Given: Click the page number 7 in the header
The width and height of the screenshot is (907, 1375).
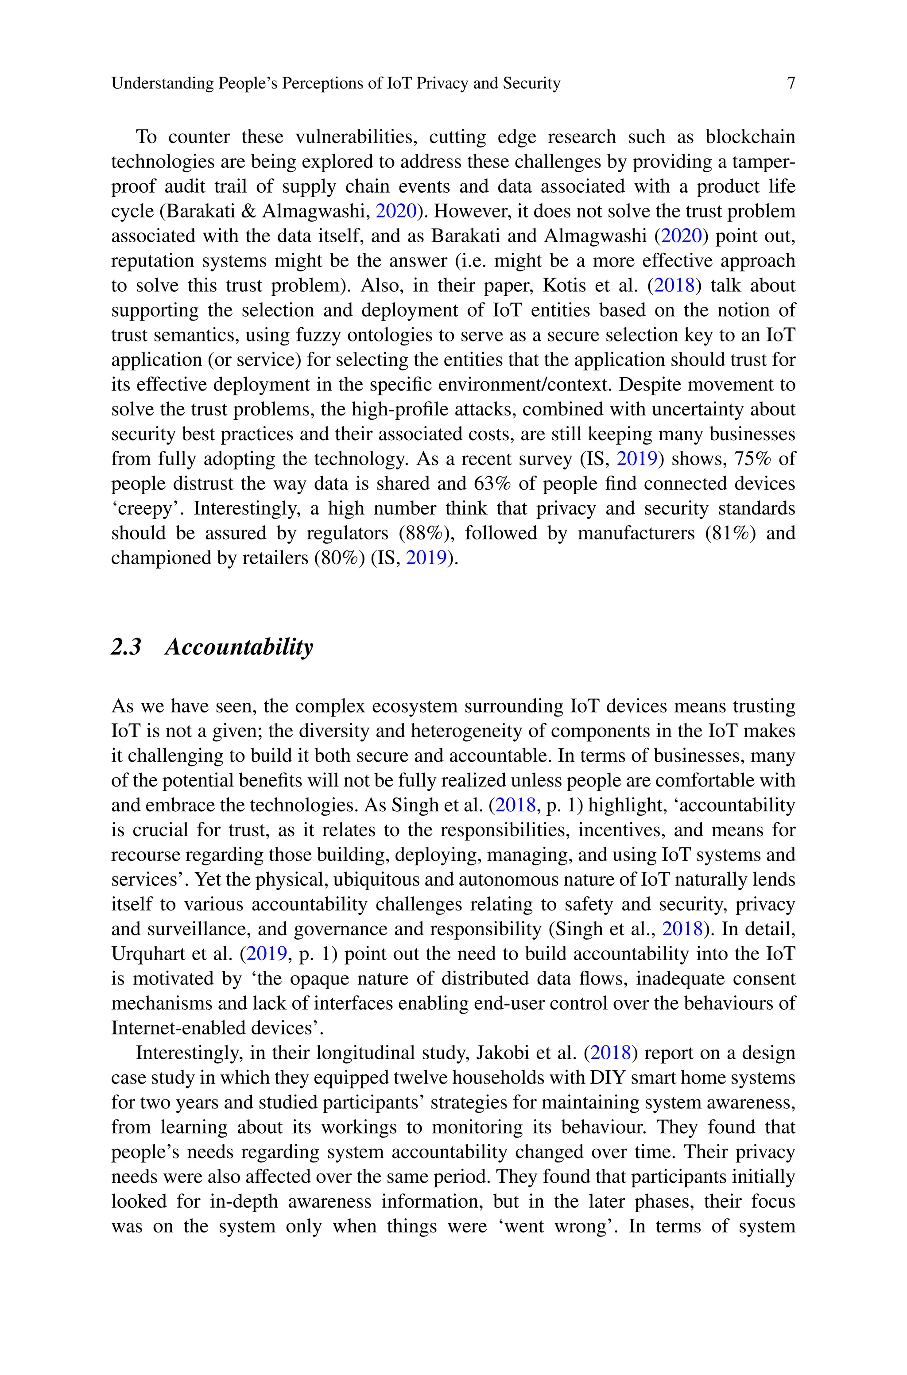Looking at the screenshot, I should [791, 84].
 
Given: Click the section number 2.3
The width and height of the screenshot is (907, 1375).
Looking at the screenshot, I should [126, 647].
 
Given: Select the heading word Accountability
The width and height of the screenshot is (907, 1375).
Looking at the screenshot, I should [239, 647].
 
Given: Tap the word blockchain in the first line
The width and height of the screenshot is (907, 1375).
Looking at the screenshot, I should [750, 137].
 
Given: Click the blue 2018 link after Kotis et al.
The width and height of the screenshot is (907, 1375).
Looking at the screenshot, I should [674, 286].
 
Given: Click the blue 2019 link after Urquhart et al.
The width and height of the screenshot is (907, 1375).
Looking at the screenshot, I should [267, 954].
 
